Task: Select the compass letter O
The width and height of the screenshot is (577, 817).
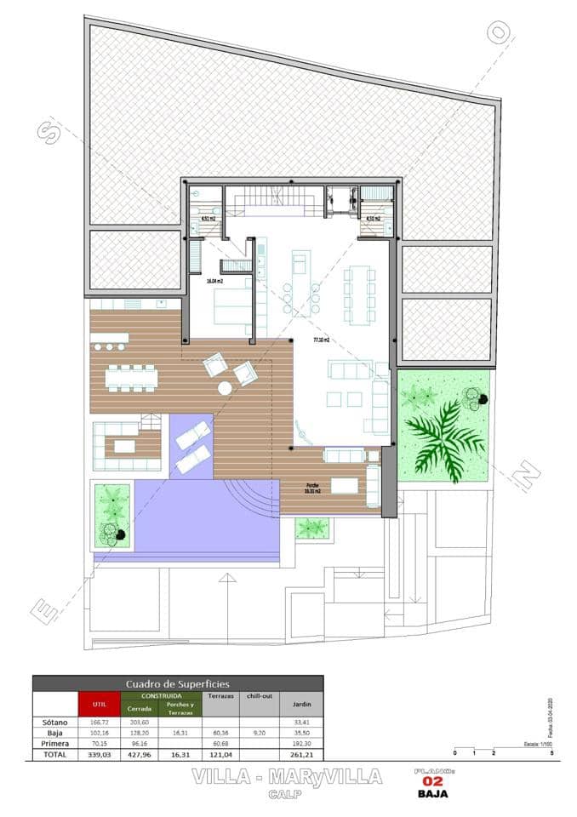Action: (x=499, y=32)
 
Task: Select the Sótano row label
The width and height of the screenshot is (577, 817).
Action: (x=54, y=723)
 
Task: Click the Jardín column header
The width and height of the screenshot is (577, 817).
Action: (x=302, y=705)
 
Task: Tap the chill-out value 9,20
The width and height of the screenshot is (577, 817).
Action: (x=260, y=733)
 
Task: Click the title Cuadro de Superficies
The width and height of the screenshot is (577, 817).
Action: (x=177, y=683)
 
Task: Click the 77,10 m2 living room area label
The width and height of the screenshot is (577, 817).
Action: (x=321, y=340)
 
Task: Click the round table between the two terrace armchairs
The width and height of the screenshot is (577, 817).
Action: (x=225, y=389)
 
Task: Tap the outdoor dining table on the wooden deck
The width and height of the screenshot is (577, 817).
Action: (x=132, y=376)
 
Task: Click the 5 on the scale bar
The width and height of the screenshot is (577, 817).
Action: (x=552, y=754)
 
